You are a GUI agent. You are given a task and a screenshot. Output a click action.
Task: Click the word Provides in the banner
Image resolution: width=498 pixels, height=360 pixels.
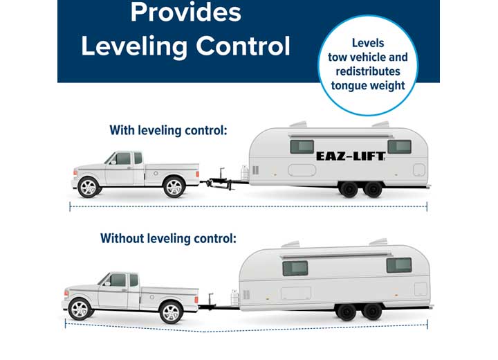[186, 12]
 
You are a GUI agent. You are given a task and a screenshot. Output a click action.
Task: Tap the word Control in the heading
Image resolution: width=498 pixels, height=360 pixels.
[243, 46]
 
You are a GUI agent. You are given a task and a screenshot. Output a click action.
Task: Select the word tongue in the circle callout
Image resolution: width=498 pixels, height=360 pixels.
[347, 86]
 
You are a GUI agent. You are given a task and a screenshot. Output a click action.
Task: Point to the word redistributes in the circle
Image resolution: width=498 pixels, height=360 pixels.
[368, 71]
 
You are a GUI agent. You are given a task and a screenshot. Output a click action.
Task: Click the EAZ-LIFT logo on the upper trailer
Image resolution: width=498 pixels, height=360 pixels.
[351, 156]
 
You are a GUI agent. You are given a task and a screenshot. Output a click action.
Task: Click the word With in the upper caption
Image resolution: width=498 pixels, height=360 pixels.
[122, 130]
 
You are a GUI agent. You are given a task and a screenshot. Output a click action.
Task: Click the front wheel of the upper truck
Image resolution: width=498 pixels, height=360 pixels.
[89, 187]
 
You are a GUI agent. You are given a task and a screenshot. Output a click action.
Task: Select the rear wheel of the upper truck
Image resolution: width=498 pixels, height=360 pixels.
[174, 187]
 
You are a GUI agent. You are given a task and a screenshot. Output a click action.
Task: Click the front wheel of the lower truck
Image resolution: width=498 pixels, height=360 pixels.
[80, 309]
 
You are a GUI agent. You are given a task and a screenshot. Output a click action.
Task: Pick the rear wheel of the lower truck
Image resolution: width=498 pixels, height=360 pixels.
[171, 313]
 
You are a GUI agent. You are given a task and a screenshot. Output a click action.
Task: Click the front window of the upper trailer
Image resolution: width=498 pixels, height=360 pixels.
[302, 147]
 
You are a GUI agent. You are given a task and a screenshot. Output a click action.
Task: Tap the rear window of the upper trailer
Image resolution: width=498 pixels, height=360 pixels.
[400, 147]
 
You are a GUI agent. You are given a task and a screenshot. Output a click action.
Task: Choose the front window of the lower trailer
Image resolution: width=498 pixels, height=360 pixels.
[295, 269]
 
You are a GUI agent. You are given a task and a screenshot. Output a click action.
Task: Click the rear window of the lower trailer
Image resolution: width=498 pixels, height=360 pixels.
[399, 265]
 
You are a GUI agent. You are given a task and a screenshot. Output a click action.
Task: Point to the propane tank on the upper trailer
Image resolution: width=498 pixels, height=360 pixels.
[245, 173]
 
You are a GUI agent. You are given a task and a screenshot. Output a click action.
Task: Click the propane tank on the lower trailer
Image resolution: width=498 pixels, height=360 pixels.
[234, 298]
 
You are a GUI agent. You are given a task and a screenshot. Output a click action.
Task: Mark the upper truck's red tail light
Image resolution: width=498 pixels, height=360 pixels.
[198, 174]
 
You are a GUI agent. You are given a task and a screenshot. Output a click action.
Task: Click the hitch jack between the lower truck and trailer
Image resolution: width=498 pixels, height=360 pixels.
[211, 300]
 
